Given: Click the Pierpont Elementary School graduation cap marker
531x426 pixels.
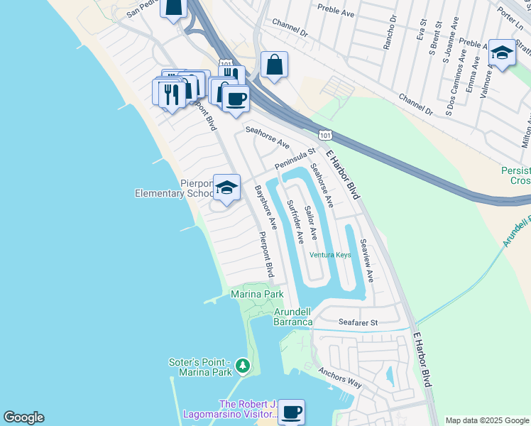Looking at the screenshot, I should click(x=226, y=188).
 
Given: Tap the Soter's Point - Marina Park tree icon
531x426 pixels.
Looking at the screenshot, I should click(x=243, y=366).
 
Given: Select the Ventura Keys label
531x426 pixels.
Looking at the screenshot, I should click(x=330, y=256).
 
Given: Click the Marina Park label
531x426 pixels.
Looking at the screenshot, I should click(x=257, y=294).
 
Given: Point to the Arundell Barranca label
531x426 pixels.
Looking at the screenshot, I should click(x=293, y=317).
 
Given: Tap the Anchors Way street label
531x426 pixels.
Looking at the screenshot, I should click(x=340, y=377).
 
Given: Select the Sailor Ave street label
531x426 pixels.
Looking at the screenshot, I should click(x=310, y=223).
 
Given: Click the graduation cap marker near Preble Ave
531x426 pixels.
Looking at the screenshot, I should click(x=502, y=53).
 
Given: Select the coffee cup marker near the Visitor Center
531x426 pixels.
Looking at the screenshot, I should click(x=290, y=413).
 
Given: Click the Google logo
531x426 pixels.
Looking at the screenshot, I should click(x=23, y=417).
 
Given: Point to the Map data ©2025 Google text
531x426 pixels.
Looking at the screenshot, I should click(x=486, y=420).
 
